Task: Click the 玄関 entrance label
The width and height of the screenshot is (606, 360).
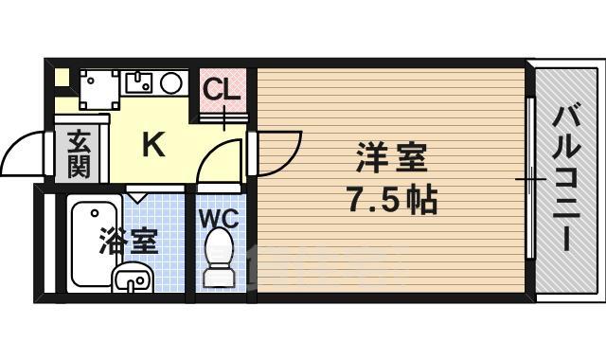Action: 79,154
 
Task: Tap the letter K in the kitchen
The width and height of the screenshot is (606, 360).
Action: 153,145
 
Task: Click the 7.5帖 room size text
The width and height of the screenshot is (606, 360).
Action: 392,200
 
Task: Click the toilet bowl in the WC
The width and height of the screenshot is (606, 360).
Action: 220,259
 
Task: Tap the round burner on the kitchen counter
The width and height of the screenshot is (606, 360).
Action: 171,83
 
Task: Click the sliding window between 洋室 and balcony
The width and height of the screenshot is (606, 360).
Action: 532,180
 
